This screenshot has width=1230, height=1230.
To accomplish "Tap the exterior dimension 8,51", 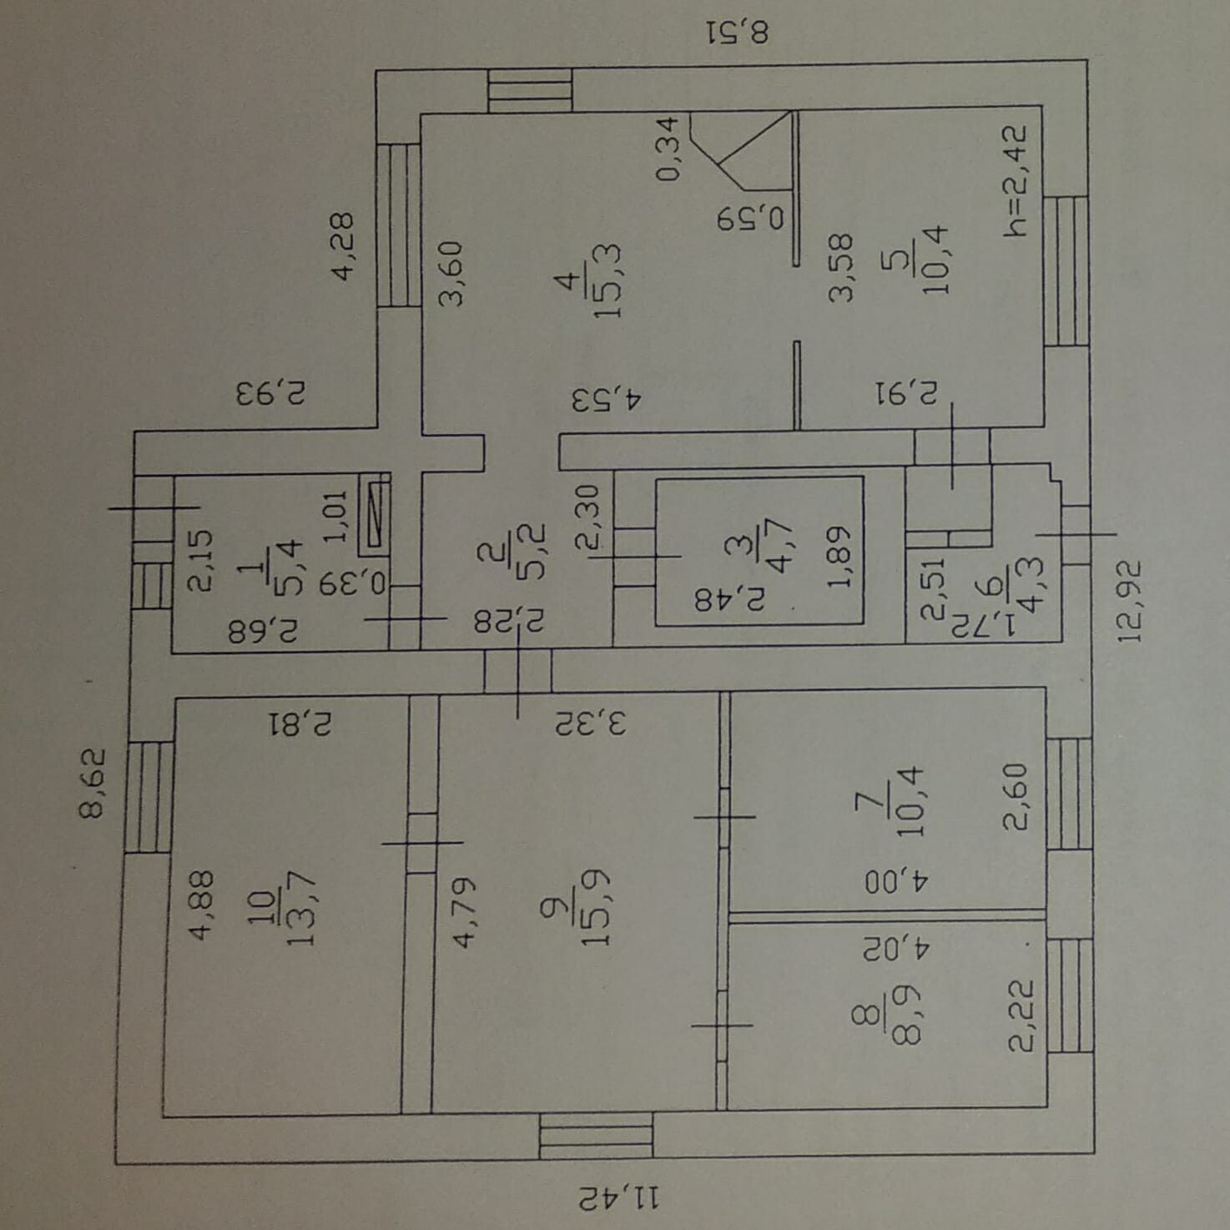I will (738, 33).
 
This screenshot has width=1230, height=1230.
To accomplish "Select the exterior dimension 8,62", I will (93, 784).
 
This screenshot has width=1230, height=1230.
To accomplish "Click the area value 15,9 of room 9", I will (597, 907).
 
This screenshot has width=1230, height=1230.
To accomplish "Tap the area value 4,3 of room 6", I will (1032, 592).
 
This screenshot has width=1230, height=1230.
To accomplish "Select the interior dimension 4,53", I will (607, 398).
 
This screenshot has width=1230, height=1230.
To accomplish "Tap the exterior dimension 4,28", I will (343, 247).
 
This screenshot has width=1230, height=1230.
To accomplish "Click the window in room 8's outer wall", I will (1069, 995).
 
